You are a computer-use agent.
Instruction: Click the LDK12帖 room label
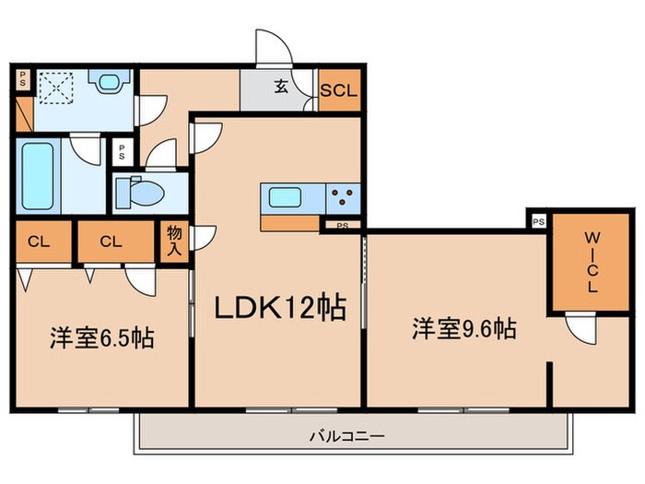point(280,307)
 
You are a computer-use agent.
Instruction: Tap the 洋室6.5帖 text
point(101,337)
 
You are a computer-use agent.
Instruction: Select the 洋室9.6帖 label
point(463,327)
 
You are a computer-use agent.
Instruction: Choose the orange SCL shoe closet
point(338,90)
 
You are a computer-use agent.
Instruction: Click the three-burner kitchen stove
point(343,196)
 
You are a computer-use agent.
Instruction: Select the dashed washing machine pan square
point(56,88)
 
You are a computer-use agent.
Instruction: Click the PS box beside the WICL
point(538,222)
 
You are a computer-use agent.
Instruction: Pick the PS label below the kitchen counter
point(342,224)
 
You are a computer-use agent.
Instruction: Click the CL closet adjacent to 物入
point(111,242)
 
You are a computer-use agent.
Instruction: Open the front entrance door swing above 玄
point(275,48)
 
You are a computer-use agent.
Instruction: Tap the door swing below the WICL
point(580,328)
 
